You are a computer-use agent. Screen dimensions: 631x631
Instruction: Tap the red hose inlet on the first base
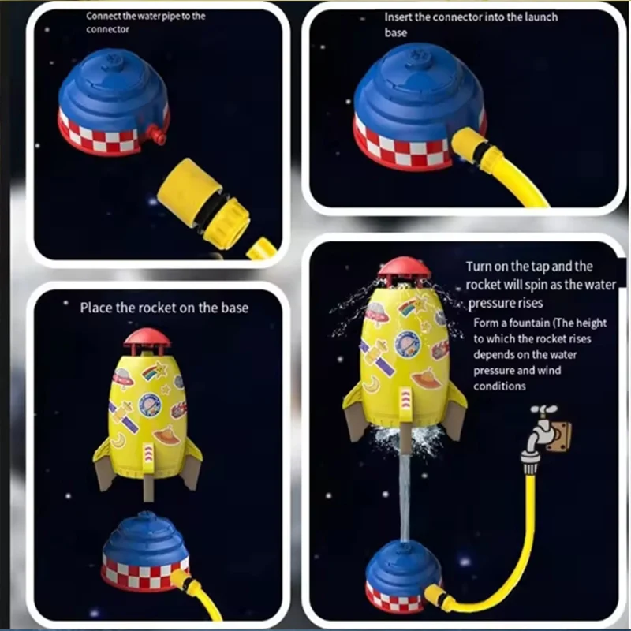(156, 133)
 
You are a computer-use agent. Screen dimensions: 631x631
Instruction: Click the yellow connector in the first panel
(204, 201)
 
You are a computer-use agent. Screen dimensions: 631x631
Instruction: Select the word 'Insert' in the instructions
(398, 17)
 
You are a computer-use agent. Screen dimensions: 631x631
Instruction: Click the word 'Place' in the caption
(96, 308)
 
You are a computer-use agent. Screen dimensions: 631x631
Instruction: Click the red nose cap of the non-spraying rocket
(147, 338)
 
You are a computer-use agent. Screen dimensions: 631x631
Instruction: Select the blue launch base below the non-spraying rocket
(144, 551)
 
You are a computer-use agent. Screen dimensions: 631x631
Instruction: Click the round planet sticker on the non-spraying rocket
(150, 405)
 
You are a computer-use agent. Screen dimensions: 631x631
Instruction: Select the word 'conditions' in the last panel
(499, 386)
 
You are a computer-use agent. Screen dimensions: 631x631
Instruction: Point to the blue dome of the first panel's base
(114, 88)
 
